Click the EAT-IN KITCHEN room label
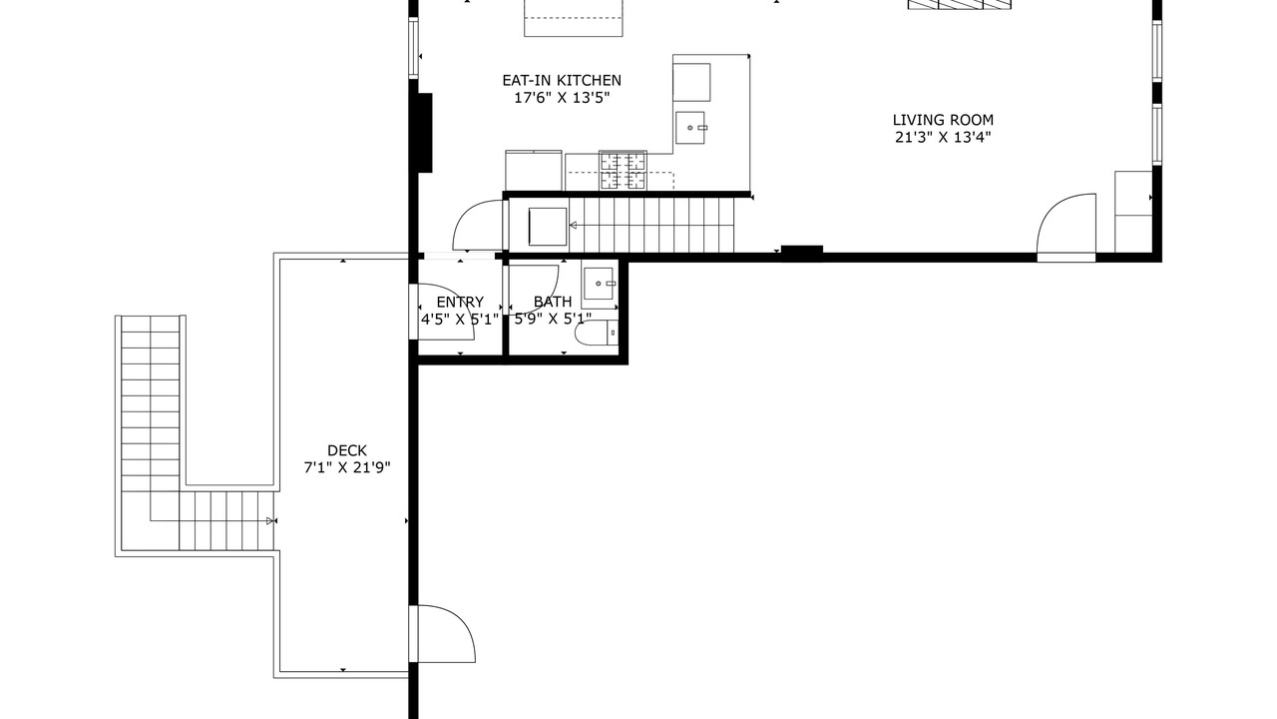(562, 81)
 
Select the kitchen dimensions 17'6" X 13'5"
(562, 98)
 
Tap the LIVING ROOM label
(943, 120)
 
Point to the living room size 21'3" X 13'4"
(943, 137)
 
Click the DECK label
(346, 450)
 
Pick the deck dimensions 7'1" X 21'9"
(346, 468)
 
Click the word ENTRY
(460, 302)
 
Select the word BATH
(553, 302)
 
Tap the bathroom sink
(599, 284)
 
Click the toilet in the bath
(596, 333)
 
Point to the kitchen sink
(690, 128)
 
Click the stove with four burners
(623, 170)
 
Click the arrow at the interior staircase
(573, 226)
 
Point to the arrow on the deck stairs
(270, 520)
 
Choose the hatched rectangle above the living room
(960, 5)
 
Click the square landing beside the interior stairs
(548, 227)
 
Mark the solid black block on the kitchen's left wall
(425, 133)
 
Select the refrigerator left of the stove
(534, 170)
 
